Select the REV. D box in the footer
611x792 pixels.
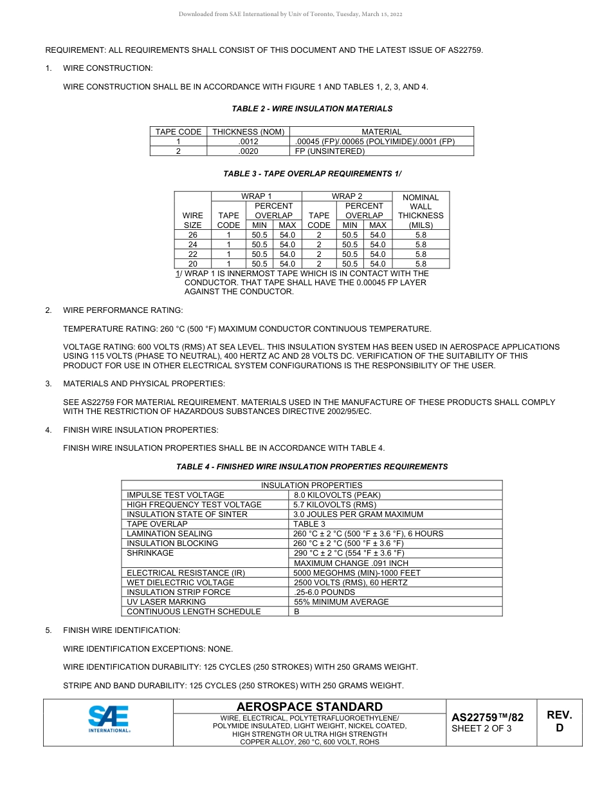pyautogui.click(x=559, y=721)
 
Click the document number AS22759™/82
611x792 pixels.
pyautogui.click(x=488, y=717)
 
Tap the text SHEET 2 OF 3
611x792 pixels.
pyautogui.click(x=482, y=729)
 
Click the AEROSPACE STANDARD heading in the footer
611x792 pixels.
pyautogui.click(x=309, y=706)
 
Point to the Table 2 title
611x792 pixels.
pyautogui.click(x=312, y=109)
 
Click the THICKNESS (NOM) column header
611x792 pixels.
pyautogui.click(x=248, y=132)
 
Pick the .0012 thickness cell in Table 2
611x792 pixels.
pyautogui.click(x=248, y=142)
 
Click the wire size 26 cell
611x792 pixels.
pyautogui.click(x=192, y=235)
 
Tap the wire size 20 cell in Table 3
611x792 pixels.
pyautogui.click(x=192, y=263)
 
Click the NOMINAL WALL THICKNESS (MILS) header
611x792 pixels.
pyautogui.click(x=421, y=211)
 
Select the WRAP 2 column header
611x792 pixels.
pyautogui.click(x=347, y=196)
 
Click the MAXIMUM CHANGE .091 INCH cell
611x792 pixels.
pyautogui.click(x=351, y=563)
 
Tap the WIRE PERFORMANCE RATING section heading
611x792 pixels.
pyautogui.click(x=123, y=310)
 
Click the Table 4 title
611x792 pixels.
pyautogui.click(x=312, y=467)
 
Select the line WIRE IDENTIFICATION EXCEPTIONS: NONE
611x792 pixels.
pyautogui.click(x=148, y=648)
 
